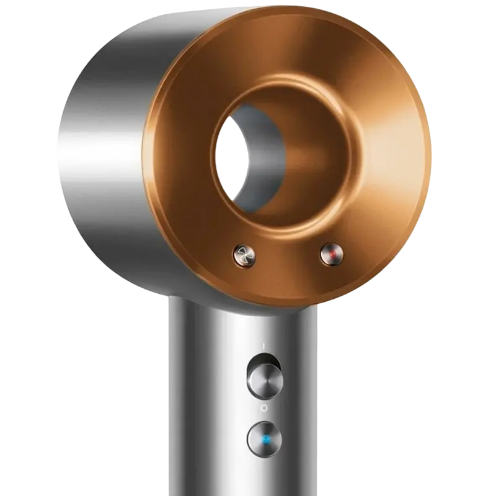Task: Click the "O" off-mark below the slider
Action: click(x=263, y=407)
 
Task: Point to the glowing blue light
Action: click(x=266, y=440)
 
